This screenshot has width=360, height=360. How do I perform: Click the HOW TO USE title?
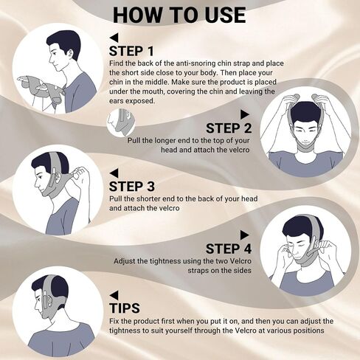pyautogui.click(x=180, y=15)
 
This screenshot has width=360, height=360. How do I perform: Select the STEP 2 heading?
pyautogui.click(x=229, y=128)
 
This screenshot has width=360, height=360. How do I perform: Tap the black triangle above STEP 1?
pyautogui.click(x=113, y=37)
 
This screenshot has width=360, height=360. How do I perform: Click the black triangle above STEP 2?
pyautogui.click(x=248, y=114)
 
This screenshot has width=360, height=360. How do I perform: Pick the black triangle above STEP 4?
pyautogui.click(x=248, y=234)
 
